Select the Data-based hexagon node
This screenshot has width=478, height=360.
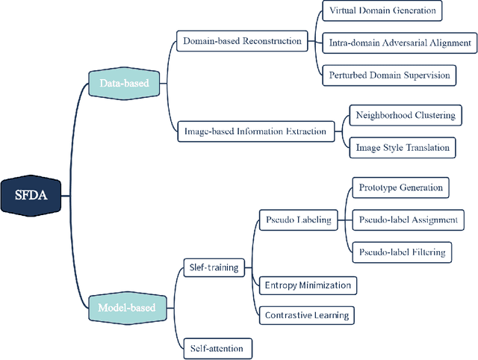click(x=123, y=84)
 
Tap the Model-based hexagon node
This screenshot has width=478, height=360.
click(x=127, y=307)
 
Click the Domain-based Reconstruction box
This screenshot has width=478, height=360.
click(x=242, y=41)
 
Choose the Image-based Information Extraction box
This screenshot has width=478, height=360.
click(x=255, y=131)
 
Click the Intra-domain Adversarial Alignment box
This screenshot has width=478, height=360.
click(x=400, y=43)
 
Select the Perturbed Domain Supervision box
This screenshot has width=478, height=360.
click(x=389, y=75)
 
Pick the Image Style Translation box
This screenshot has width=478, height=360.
click(x=403, y=147)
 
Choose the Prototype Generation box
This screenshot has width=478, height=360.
click(x=400, y=187)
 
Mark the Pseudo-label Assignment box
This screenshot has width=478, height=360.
click(x=408, y=220)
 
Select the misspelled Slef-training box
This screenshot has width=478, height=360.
click(x=211, y=267)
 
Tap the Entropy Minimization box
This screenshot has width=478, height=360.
click(x=307, y=285)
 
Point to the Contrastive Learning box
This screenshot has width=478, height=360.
click(x=306, y=315)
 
